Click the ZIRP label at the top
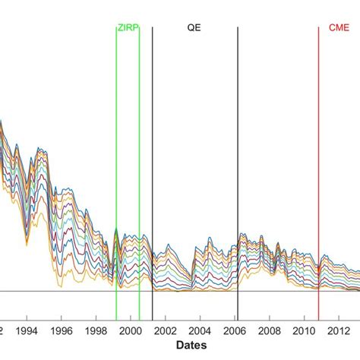click(128, 27)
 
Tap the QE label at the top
click(194, 27)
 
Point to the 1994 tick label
click(27, 331)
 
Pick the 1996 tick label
click(62, 331)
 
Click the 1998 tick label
click(96, 331)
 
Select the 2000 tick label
click(131, 331)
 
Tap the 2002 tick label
click(166, 331)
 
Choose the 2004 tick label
click(200, 331)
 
